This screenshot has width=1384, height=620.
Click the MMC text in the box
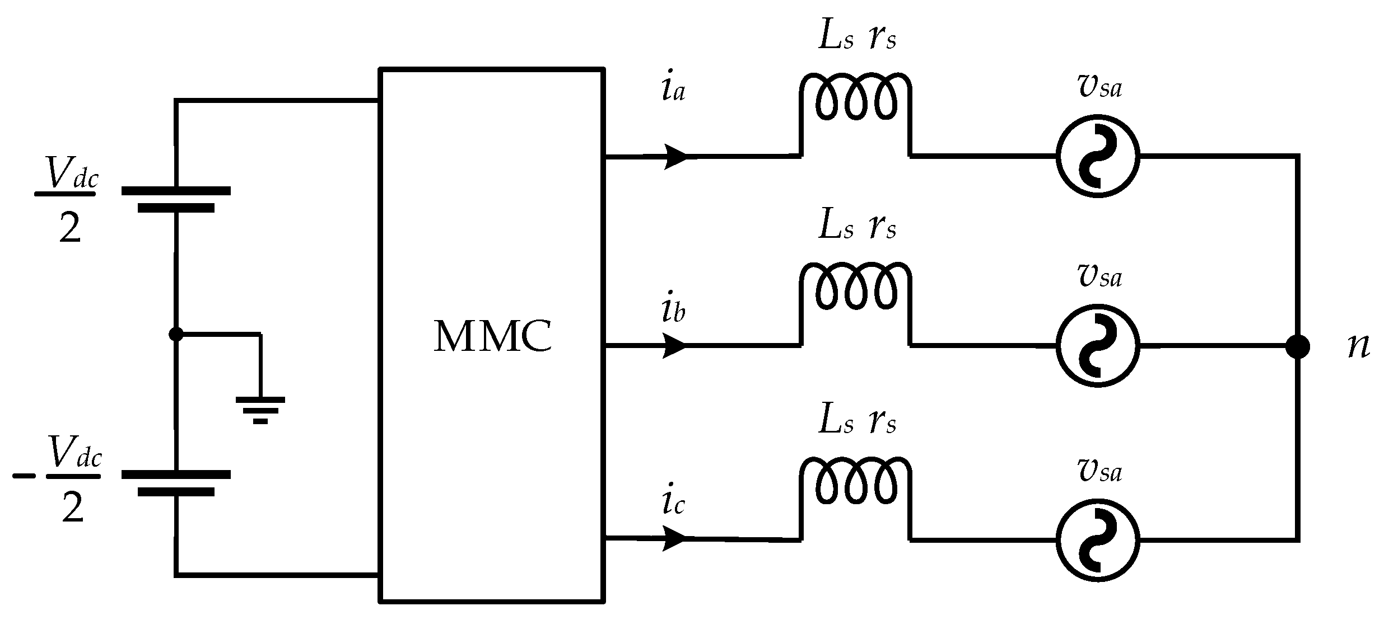click(x=493, y=337)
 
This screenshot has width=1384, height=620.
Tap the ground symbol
click(x=260, y=410)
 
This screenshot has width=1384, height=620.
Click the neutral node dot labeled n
click(x=1297, y=346)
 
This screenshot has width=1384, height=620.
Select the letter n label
click(x=1358, y=347)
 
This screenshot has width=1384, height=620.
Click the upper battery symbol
click(x=176, y=199)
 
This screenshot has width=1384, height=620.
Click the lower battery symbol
click(x=176, y=483)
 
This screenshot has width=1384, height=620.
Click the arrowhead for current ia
click(x=675, y=156)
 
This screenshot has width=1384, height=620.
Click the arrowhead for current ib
click(x=675, y=346)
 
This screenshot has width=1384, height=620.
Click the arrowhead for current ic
click(x=675, y=539)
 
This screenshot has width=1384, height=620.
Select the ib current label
click(x=672, y=311)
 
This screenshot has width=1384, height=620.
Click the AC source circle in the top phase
click(x=1097, y=156)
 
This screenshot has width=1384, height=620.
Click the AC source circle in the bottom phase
click(x=1097, y=540)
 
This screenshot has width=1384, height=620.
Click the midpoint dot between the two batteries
click(x=176, y=334)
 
